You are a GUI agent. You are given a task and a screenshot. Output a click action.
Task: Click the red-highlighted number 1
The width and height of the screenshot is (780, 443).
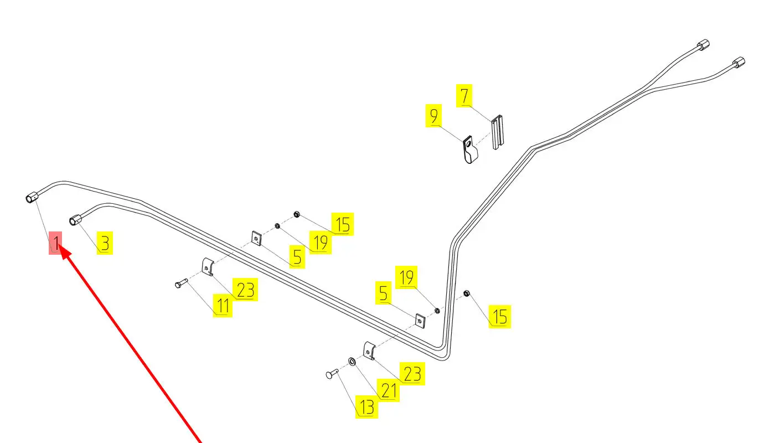pos(56,243)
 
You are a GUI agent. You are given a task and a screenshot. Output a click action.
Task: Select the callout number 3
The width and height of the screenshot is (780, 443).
pos(105,244)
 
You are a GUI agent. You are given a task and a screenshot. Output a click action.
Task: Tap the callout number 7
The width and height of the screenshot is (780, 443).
pos(464,96)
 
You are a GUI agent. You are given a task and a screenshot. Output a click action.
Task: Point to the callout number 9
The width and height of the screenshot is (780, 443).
pos(434,117)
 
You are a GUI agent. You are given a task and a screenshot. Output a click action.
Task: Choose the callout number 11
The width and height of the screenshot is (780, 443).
pos(223,306)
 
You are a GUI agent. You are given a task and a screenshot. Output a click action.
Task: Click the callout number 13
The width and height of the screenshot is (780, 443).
pos(367,408)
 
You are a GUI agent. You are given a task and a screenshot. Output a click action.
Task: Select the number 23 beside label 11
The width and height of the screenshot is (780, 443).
pos(245,290)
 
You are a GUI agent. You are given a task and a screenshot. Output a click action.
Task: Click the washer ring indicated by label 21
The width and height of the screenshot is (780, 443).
pos(352,362)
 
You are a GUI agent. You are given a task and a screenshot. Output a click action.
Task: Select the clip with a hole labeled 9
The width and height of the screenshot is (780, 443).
pos(469,150)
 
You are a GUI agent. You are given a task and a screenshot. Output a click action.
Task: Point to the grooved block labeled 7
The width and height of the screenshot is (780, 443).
pos(498,132)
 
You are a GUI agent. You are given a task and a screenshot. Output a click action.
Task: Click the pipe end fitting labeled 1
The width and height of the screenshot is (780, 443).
pos(32,197)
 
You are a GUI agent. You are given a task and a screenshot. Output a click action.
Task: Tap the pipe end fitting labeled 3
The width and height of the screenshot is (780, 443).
pos(75,220)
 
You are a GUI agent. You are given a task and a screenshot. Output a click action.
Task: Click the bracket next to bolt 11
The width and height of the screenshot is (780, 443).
pos(207,268)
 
